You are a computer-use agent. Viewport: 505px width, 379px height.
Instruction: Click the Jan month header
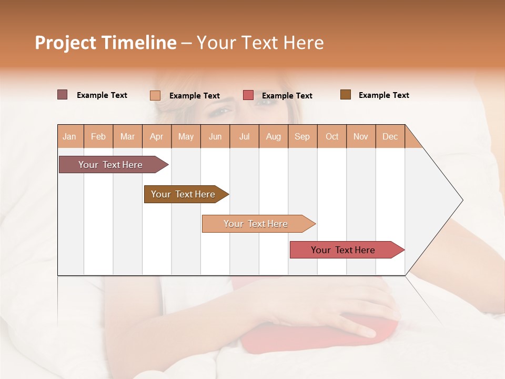[69, 136]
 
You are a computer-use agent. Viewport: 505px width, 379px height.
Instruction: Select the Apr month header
[156, 136]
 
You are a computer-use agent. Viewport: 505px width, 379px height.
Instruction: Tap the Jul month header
[244, 136]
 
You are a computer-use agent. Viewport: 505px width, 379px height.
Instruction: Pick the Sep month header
[302, 136]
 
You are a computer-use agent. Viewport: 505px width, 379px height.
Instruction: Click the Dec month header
[390, 136]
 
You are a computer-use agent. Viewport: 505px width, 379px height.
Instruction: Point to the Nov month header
[360, 136]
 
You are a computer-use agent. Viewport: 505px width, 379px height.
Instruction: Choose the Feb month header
[98, 136]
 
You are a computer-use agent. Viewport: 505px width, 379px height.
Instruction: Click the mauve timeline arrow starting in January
[111, 165]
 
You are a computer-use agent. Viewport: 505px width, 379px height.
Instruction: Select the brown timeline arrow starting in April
[184, 194]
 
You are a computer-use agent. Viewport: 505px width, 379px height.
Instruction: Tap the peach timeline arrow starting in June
[256, 224]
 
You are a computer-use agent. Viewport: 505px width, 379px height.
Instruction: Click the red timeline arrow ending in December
[344, 250]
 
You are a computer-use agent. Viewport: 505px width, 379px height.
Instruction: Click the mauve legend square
[63, 95]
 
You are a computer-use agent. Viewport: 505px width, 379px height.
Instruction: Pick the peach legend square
[155, 95]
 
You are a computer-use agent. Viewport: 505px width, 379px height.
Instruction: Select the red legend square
[248, 95]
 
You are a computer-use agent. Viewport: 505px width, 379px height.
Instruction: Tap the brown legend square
[346, 95]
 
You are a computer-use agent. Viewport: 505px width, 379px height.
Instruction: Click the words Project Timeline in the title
[105, 43]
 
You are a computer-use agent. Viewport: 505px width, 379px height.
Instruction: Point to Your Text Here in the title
[260, 43]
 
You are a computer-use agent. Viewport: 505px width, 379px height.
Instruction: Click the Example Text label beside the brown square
[383, 95]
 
